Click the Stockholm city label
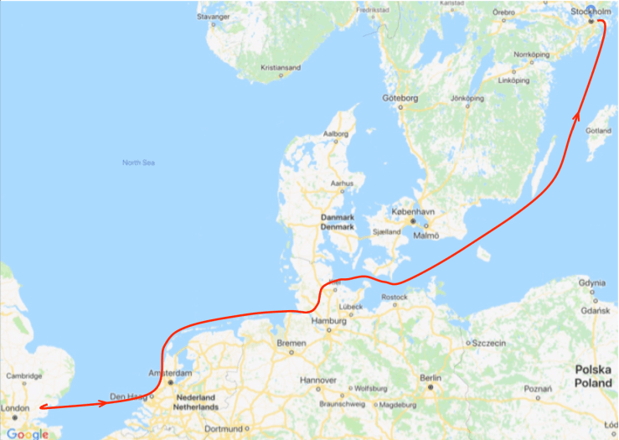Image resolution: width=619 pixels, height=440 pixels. tap(591, 11)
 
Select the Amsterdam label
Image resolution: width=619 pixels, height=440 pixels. tap(171, 372)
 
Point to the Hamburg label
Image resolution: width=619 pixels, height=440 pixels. tap(328, 321)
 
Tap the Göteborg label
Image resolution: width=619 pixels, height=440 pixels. tap(400, 98)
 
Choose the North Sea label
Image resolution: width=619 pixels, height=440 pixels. tap(138, 163)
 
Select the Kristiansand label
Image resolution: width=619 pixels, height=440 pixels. tap(280, 67)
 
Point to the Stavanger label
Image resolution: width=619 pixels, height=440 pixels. tap(213, 16)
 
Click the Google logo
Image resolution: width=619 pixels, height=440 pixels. tap(27, 433)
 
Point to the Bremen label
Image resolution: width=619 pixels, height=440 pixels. tap(291, 343)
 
